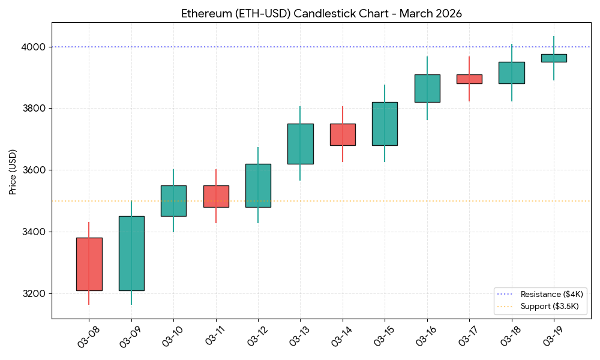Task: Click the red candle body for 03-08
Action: [x=89, y=264]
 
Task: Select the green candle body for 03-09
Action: [x=131, y=253]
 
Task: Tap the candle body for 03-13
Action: [x=300, y=143]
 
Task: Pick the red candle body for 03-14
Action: [x=343, y=134]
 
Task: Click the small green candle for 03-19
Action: [x=554, y=58]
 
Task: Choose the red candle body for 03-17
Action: [x=469, y=79]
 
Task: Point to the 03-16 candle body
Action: [x=427, y=88]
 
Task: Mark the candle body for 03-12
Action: [x=258, y=185]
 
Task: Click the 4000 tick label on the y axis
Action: [x=34, y=47]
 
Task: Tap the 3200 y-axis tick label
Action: [x=34, y=294]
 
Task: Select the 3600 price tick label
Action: [x=34, y=170]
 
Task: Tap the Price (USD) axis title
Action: [x=13, y=171]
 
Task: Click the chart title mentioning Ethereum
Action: [x=322, y=14]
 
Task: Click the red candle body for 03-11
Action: [x=216, y=196]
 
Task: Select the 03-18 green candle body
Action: [x=512, y=73]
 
